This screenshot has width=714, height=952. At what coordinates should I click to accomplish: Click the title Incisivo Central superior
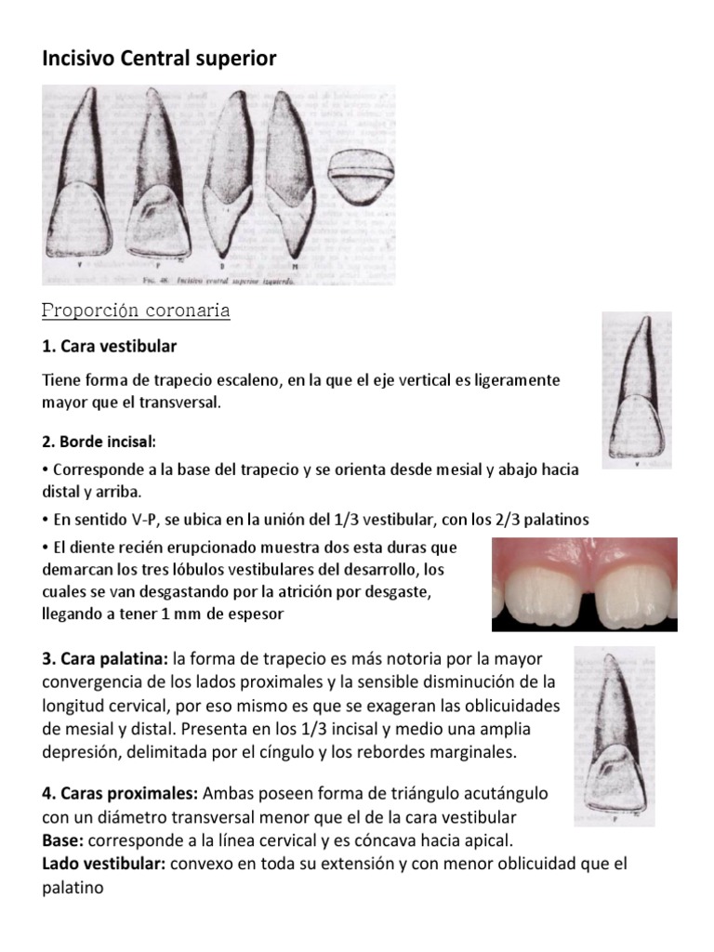[160, 59]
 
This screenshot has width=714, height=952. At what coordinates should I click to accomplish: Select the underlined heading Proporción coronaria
[137, 311]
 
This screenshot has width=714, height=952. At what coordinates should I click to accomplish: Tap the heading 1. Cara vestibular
[110, 346]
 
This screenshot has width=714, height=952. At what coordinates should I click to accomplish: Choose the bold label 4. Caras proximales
[120, 794]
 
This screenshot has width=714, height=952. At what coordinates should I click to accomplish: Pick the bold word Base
[62, 840]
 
